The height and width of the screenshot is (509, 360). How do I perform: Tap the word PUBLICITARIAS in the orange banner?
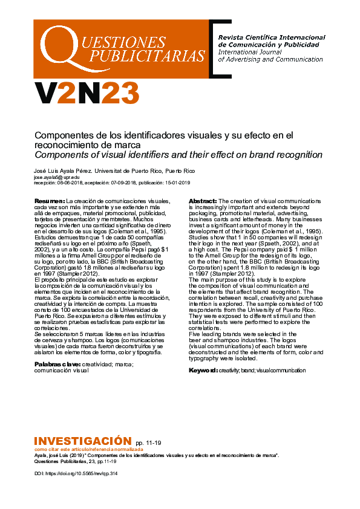coord(148,56)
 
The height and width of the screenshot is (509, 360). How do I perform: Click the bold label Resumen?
coord(49,201)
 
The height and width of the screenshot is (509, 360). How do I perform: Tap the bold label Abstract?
coord(203,201)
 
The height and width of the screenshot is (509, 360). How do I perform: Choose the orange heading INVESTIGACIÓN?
coord(82,441)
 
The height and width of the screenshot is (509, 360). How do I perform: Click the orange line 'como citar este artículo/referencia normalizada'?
coord(89,450)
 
